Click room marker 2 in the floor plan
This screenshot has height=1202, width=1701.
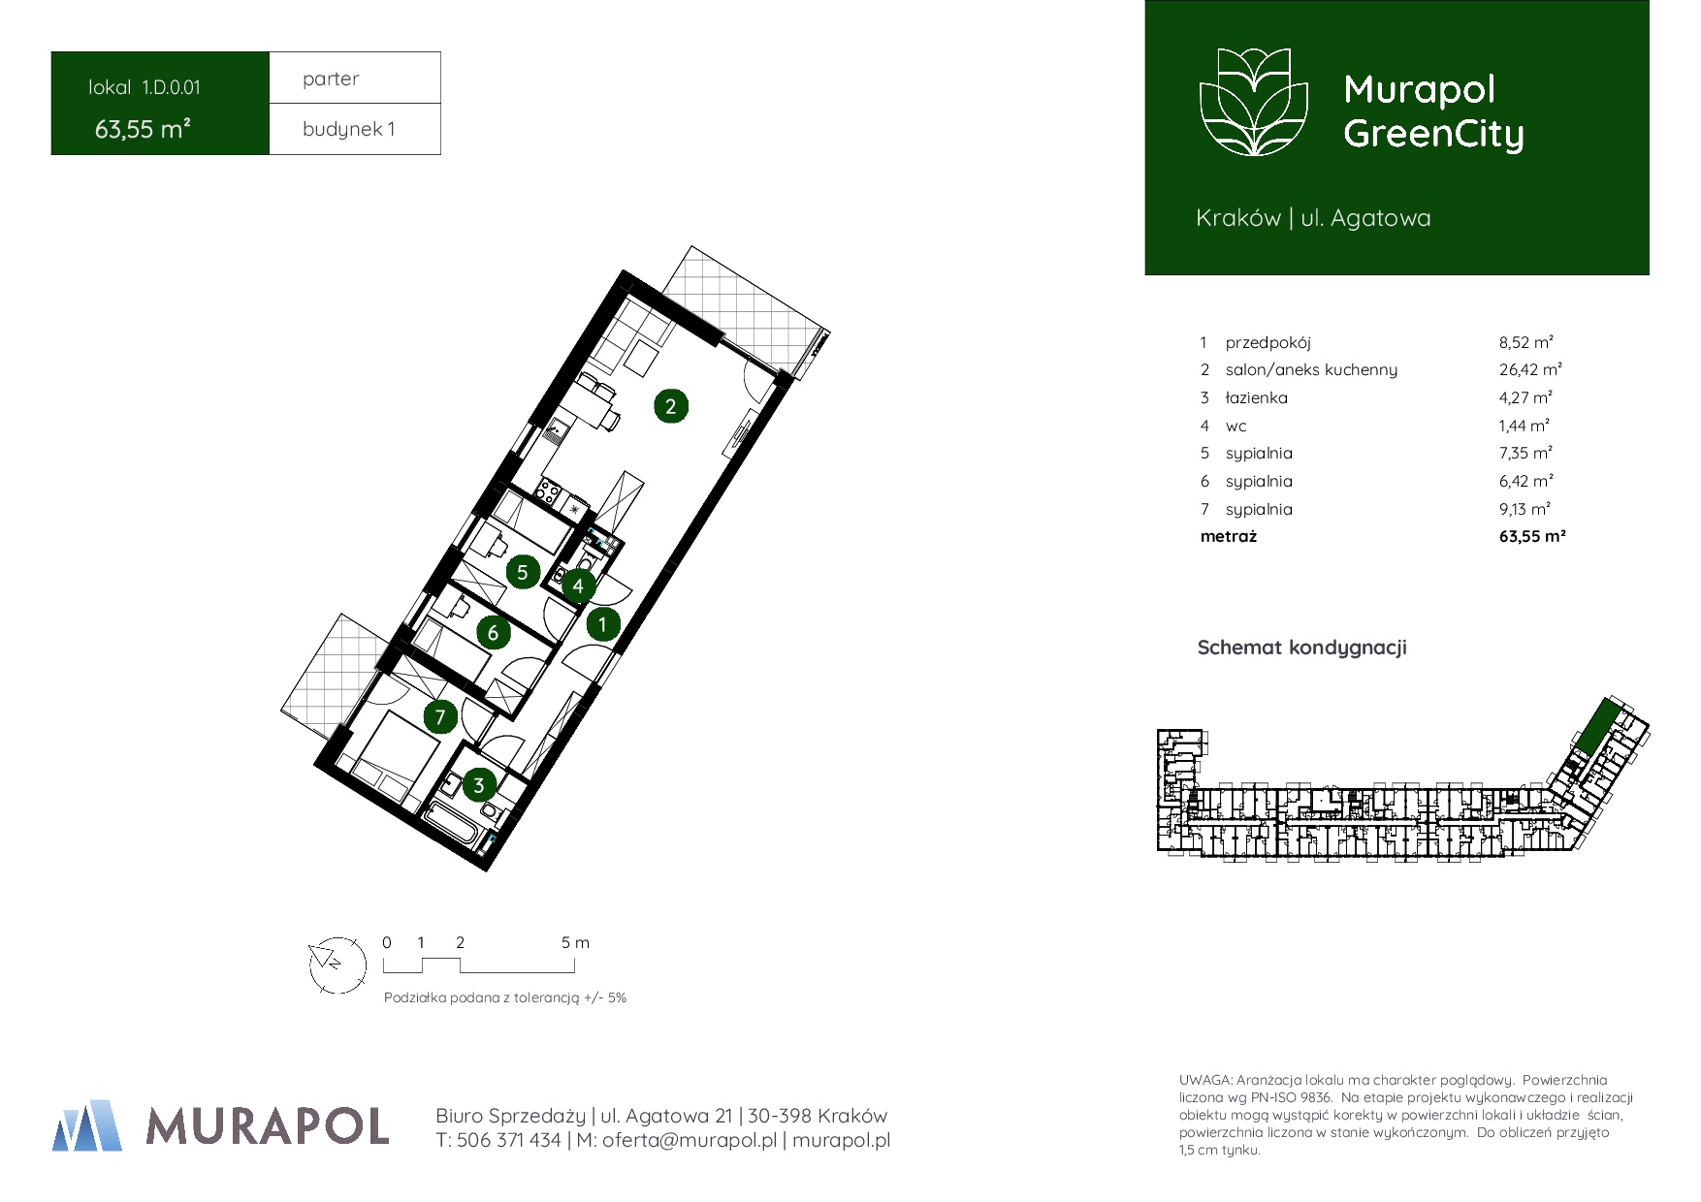point(670,406)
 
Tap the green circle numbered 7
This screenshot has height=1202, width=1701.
point(440,716)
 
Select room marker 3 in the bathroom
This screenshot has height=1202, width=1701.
point(478,785)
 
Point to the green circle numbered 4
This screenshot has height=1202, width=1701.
point(578,585)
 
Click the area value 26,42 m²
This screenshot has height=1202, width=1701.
point(1530,369)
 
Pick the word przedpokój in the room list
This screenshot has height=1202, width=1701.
point(1268,343)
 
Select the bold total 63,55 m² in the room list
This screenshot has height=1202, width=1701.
point(1532,536)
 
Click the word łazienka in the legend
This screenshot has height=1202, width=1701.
point(1256,397)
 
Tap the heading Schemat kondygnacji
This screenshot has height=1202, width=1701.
point(1301,648)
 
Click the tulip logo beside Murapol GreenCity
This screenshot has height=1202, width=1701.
point(1254,102)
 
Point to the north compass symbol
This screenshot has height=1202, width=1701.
point(337,965)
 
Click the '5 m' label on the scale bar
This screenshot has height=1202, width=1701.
point(575,942)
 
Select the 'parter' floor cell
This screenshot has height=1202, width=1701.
point(355,78)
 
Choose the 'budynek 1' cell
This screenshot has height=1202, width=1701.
point(355,129)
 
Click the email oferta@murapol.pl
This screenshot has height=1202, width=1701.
point(690,1141)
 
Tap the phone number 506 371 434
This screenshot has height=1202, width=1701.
point(508,1141)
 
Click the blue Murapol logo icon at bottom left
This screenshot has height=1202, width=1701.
point(87,1125)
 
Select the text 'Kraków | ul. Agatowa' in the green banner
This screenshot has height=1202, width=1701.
point(1313,218)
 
